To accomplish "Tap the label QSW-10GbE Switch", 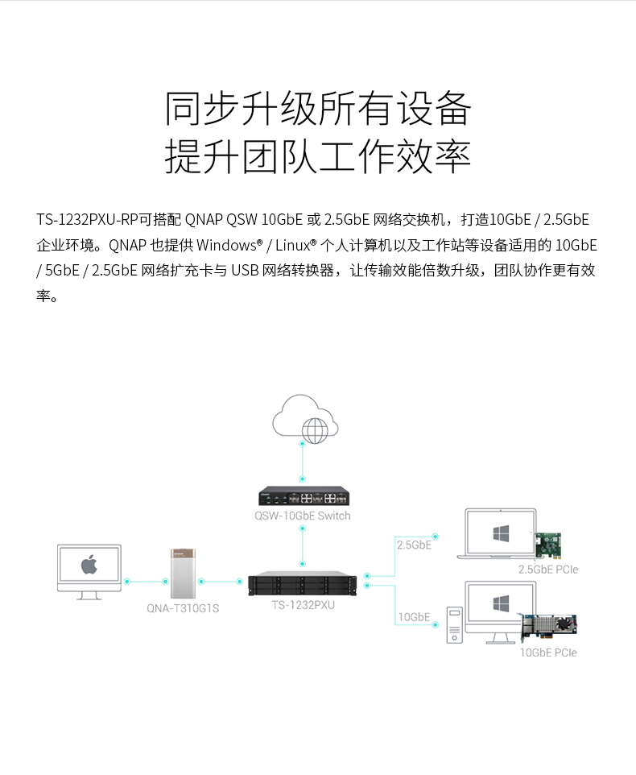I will pos(303,516).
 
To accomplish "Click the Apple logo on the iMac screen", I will pos(89,564).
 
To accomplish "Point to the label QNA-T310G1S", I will pos(183,608).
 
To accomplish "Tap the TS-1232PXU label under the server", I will pos(303,604).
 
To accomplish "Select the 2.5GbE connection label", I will pos(414,545).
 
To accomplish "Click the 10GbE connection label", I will pos(414,617).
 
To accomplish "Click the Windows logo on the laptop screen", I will pos(502,533).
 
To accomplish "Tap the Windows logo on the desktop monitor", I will pos(501,603).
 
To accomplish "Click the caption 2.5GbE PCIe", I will pos(548,570).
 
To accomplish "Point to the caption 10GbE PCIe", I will pos(548,653).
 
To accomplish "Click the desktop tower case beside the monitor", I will pos(455,625).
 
